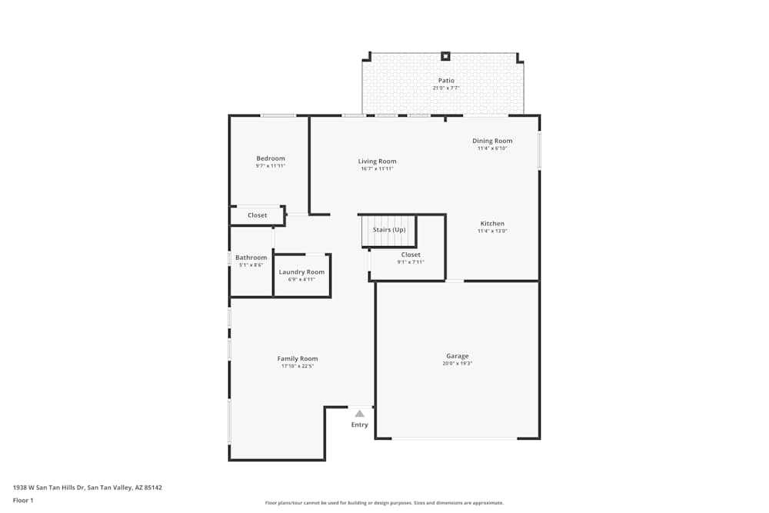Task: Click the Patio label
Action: (x=446, y=80)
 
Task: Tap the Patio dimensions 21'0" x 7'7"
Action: (x=446, y=88)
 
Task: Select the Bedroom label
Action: (x=271, y=158)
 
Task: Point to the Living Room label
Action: (x=377, y=162)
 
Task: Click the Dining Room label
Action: (x=492, y=141)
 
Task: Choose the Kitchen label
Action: (x=492, y=224)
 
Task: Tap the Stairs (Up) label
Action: (x=389, y=230)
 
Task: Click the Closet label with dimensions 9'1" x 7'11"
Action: (x=411, y=255)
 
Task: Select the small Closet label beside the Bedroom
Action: (x=258, y=215)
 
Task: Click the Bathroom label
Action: (x=251, y=258)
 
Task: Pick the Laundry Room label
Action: (x=301, y=272)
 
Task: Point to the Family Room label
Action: (x=298, y=359)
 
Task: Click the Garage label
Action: (x=458, y=356)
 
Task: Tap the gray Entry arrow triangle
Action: (x=359, y=414)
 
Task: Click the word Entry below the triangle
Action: (x=360, y=425)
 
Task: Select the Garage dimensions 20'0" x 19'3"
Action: (x=458, y=364)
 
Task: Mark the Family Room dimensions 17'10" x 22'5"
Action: (x=298, y=367)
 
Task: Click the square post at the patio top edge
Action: (x=445, y=55)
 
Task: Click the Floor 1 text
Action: (x=23, y=500)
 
